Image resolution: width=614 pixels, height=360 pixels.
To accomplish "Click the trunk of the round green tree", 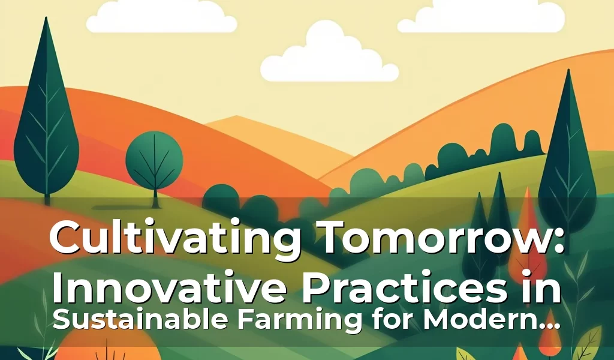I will tap(155, 195).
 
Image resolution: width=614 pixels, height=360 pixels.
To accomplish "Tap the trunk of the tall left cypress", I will tap(47, 195).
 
